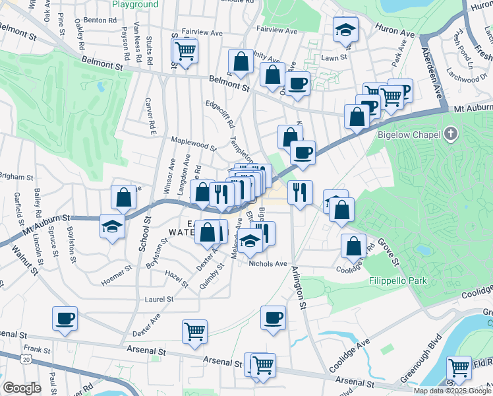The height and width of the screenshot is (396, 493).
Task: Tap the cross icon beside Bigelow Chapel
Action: tap(451, 135)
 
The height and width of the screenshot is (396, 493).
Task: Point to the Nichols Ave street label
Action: tap(268, 263)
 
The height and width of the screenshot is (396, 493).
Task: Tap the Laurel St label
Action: tap(159, 299)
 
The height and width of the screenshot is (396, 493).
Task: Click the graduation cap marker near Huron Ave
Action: tap(344, 30)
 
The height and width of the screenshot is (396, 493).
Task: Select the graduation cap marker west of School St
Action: tap(113, 226)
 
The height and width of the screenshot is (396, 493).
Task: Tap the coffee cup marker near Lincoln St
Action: tap(65, 318)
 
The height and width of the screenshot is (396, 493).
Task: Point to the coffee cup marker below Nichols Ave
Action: tap(273, 318)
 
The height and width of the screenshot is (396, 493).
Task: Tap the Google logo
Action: tap(22, 388)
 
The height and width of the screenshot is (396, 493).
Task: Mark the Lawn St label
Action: tap(330, 58)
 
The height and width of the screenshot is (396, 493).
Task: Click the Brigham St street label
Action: tap(16, 177)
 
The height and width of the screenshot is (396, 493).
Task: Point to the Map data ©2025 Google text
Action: tap(451, 391)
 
